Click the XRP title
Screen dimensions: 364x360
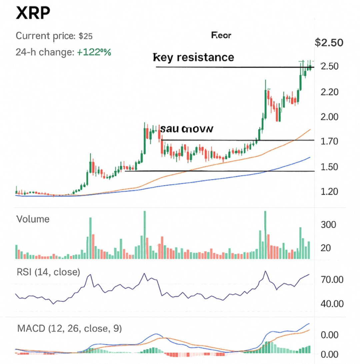tap(33, 14)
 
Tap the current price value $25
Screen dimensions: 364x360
tap(86, 36)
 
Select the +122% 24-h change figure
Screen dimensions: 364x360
tap(94, 52)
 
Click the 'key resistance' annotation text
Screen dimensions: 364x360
tap(194, 57)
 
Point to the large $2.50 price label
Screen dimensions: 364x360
tap(329, 43)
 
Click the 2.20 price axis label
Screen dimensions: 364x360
tap(329, 92)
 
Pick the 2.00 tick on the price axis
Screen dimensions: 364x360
tap(329, 117)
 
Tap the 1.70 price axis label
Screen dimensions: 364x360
tap(329, 141)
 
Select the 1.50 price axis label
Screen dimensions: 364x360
tap(329, 166)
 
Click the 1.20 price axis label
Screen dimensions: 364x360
tap(329, 192)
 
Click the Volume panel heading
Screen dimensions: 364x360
tap(33, 219)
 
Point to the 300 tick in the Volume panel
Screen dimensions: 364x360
tap(328, 225)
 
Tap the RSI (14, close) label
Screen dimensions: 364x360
tap(48, 272)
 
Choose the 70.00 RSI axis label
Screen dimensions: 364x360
tap(332, 280)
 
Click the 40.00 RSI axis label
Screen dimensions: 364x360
tap(332, 304)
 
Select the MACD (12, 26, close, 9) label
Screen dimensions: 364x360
tap(69, 329)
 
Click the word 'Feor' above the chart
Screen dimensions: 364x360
tap(221, 35)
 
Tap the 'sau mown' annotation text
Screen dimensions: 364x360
tap(186, 129)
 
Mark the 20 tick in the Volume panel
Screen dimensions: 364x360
tap(325, 248)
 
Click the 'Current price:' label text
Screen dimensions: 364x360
tap(46, 36)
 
